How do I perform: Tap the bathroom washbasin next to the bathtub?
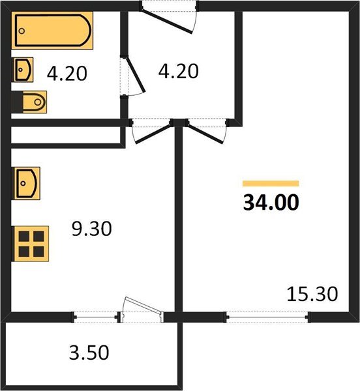point(23,70)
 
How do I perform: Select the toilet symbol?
point(31,102)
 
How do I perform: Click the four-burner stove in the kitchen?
point(31,244)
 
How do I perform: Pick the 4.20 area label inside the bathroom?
point(67,74)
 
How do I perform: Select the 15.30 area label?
point(312,295)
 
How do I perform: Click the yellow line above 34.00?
point(271,184)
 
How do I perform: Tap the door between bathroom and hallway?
point(134,77)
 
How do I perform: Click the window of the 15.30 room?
point(267,317)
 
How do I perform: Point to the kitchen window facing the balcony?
point(95,317)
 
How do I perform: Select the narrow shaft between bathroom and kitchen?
point(65,135)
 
